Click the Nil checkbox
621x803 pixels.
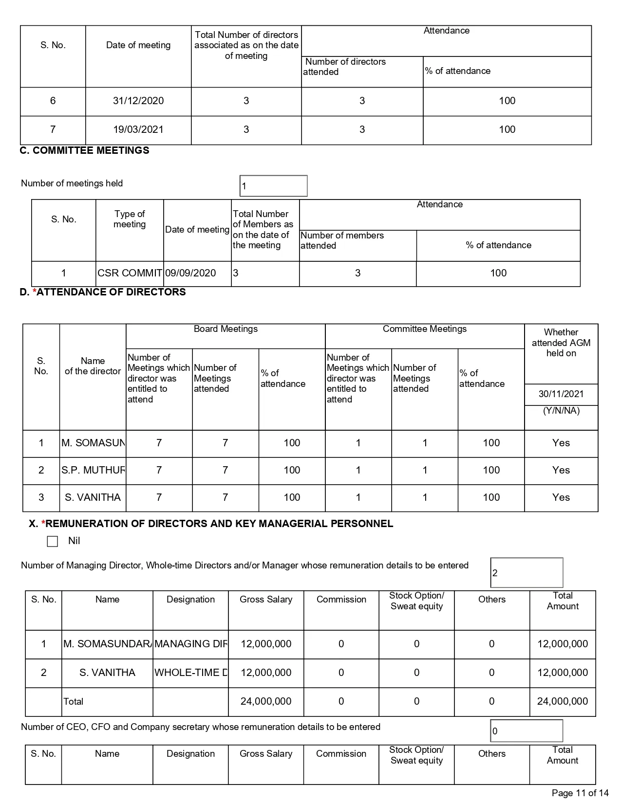53,541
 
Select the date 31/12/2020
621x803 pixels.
138,101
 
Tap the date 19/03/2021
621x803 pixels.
138,129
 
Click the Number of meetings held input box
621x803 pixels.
273,186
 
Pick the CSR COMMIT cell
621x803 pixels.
130,273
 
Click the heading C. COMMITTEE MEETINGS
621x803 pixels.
84,150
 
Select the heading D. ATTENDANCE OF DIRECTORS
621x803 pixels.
103,292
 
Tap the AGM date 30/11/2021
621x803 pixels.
561,394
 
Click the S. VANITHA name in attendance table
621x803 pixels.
93,497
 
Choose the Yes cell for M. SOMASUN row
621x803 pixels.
561,443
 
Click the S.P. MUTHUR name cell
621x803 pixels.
93,470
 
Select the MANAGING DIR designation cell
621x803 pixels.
190,644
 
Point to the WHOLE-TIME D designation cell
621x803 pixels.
190,673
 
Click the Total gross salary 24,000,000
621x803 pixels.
266,701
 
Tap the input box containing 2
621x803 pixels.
527,573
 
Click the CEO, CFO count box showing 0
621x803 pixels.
527,731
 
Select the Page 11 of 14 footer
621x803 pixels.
580,793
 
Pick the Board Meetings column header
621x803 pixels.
226,329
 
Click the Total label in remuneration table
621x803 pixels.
74,701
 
